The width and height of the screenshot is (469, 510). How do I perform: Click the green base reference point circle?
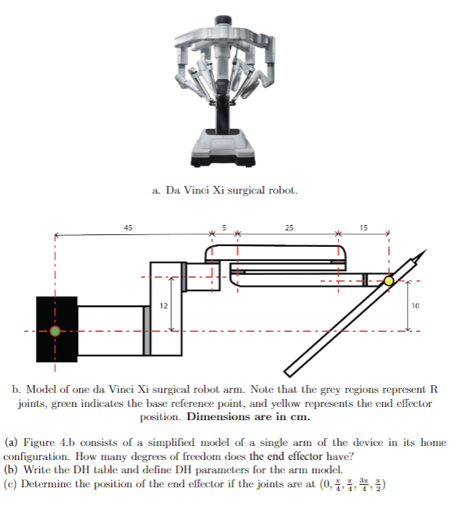coord(55,330)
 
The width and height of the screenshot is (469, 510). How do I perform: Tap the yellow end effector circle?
coord(388,280)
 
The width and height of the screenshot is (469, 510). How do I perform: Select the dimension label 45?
coord(127,227)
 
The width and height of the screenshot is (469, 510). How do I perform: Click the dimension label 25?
coord(289,227)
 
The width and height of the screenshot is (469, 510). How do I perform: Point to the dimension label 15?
coord(363,227)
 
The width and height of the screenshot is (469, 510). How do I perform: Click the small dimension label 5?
coord(224,227)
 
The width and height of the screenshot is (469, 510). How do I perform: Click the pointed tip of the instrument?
coord(426,251)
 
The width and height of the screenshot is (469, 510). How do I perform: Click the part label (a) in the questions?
coord(12,442)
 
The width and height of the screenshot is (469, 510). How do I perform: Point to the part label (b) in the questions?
coord(12,469)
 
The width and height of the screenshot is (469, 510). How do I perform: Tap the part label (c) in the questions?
coord(12,483)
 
